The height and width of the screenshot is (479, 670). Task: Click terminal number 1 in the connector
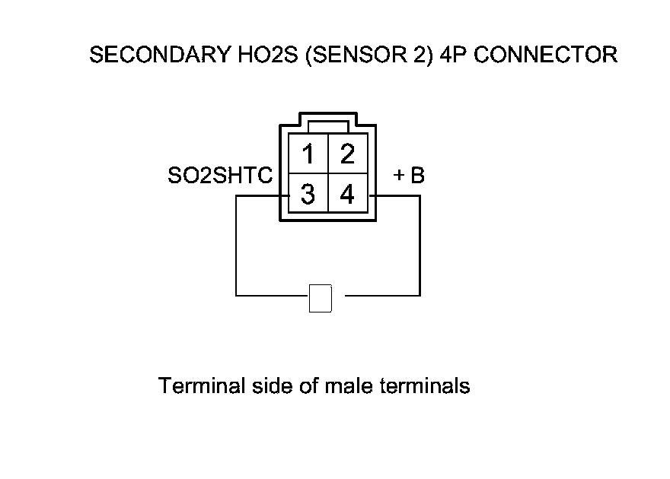tap(308, 154)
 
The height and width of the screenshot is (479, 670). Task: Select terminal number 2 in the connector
tap(347, 154)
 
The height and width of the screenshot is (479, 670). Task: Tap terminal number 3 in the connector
tap(308, 195)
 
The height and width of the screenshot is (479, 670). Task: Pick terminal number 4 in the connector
tap(347, 195)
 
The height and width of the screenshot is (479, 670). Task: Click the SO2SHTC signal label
tap(219, 176)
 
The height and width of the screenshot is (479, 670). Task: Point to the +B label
tap(408, 176)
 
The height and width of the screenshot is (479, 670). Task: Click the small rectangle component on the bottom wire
tap(321, 298)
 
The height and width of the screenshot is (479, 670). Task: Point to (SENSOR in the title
tap(343, 55)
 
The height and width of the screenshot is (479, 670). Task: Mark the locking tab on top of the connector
tap(327, 122)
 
